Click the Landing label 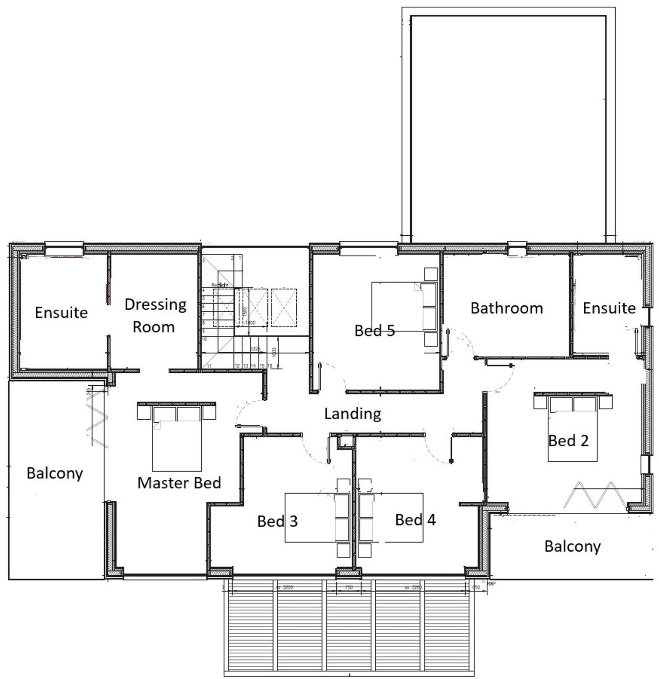coord(353,414)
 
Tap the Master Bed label coord(179,483)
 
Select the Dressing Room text coord(155,316)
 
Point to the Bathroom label coord(506,308)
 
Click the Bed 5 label coord(374,331)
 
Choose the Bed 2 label coord(568,441)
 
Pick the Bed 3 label coord(277,521)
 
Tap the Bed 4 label coord(415,520)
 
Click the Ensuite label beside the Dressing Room coord(61,313)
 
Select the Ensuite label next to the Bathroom coord(609,308)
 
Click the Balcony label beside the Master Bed coord(55,474)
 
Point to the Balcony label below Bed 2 coord(572,546)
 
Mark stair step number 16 coord(270,366)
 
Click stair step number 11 coord(209,366)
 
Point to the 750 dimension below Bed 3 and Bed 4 coord(348,587)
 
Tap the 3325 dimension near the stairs coord(255,349)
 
